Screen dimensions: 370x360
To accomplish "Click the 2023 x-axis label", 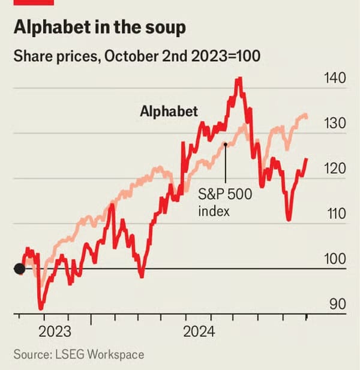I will [x=55, y=331].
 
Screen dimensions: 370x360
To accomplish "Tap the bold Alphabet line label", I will [x=169, y=111].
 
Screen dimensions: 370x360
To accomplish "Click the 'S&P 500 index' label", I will [x=224, y=203].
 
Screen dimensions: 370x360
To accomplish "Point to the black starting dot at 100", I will [x=19, y=269].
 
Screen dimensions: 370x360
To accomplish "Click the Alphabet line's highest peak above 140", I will [x=239, y=78].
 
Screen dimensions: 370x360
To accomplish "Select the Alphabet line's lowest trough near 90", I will [x=41, y=309].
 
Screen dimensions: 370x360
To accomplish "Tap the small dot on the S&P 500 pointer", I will [x=225, y=144].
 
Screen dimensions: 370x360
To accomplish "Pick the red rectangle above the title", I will [x=34, y=2].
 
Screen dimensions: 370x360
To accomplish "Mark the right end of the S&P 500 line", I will [x=307, y=117].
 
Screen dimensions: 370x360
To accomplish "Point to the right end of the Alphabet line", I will [x=307, y=159].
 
